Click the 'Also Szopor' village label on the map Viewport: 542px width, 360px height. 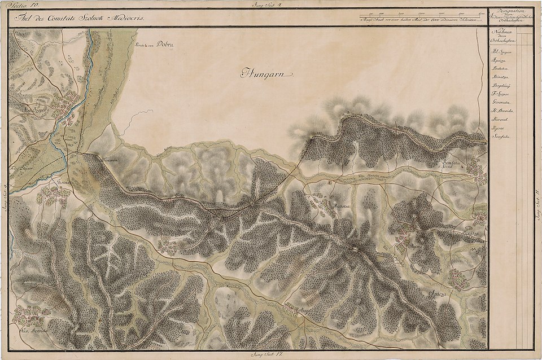pyautogui.click(x=34, y=110)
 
